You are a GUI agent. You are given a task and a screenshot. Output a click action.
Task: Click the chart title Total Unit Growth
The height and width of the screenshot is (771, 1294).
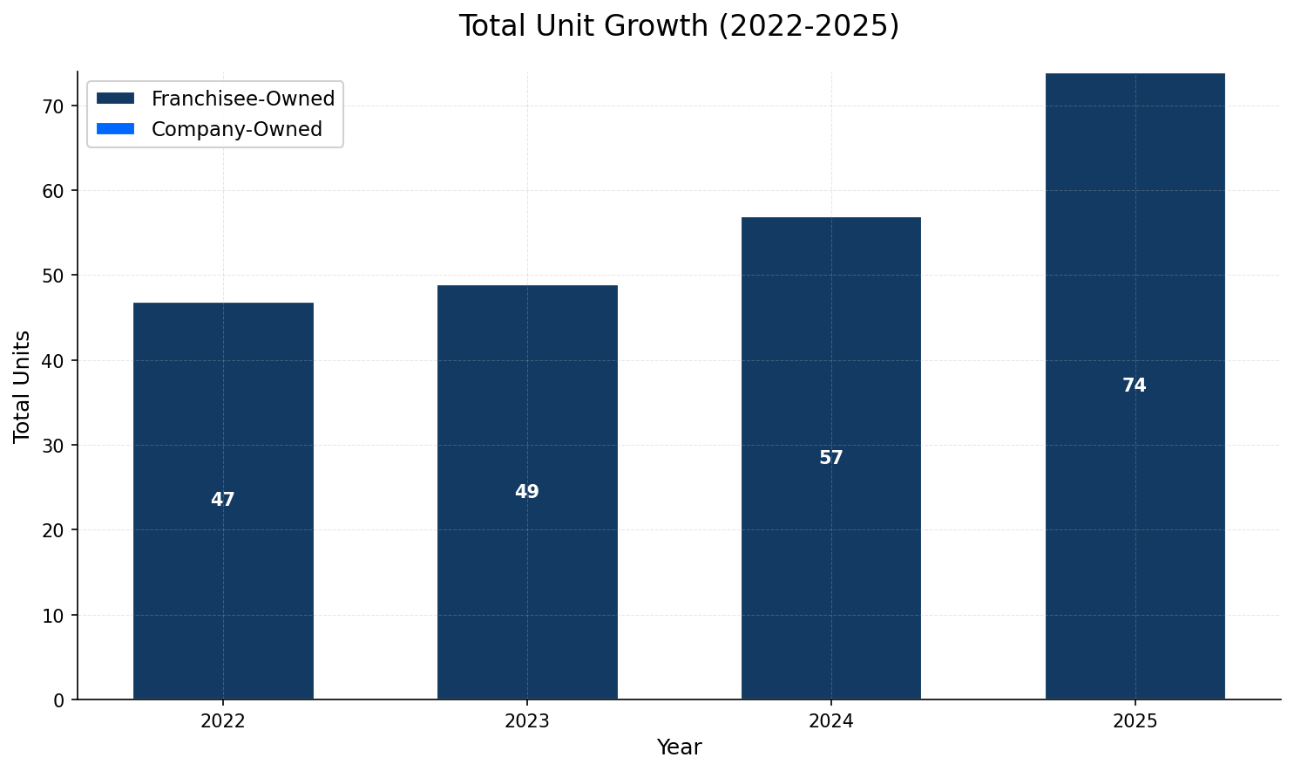679,26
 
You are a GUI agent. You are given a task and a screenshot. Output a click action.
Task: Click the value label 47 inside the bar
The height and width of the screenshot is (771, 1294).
223,500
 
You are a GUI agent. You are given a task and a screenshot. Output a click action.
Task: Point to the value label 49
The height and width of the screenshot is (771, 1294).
527,492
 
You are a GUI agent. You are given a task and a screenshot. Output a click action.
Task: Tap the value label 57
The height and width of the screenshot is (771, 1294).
830,458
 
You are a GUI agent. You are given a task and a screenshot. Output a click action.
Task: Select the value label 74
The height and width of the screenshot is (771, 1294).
1135,385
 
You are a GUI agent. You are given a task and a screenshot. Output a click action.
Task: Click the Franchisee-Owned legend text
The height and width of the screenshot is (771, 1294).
243,99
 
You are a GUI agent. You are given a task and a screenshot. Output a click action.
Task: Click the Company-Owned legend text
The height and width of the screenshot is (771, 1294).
236,129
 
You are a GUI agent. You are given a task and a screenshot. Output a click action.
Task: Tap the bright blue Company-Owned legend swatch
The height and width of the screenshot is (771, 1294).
115,129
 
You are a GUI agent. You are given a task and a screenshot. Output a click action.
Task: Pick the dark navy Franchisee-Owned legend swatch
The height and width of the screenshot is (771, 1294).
115,99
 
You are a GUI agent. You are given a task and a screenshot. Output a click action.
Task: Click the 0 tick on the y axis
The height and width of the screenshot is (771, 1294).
59,699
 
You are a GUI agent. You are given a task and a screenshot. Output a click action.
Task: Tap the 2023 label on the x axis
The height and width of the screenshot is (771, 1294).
527,721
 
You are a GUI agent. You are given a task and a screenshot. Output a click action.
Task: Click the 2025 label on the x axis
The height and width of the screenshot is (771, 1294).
1135,721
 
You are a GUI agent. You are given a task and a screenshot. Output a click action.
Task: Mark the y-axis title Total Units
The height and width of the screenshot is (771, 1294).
23,385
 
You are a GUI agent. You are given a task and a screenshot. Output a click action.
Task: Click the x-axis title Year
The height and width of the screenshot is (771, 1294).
679,747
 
